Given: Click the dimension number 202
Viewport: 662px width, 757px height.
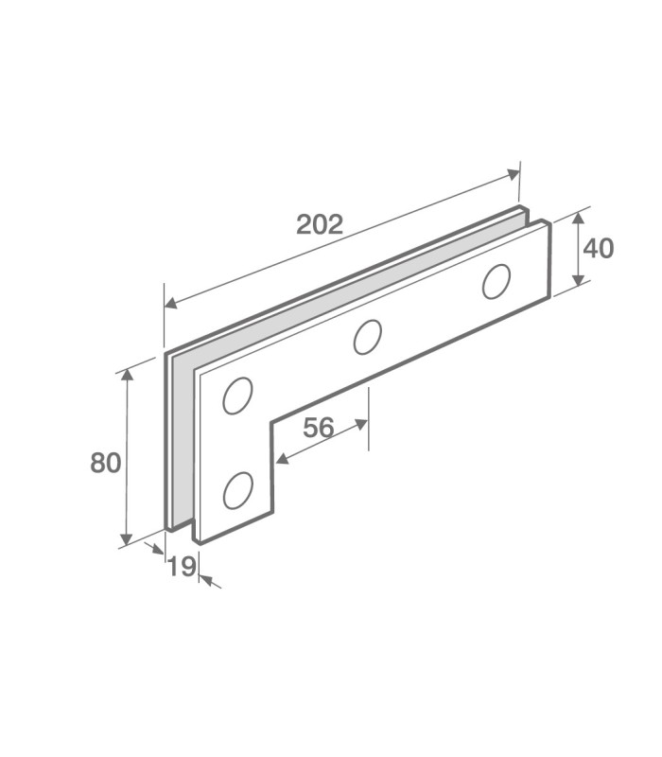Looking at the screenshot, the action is tap(320, 224).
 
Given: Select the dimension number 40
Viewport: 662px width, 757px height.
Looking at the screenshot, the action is tap(599, 249).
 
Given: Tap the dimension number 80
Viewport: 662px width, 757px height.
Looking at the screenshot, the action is tap(105, 463).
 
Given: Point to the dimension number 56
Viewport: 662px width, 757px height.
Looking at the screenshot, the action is tap(319, 428).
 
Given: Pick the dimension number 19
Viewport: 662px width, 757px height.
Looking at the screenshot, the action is tap(182, 566).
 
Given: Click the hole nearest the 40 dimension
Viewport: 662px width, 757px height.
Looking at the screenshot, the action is tap(496, 281).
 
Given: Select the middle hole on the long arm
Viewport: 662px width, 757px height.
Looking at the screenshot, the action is tap(367, 337).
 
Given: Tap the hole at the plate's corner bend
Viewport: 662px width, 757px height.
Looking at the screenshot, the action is tap(237, 396).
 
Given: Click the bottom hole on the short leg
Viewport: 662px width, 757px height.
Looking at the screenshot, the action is tap(238, 490).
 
